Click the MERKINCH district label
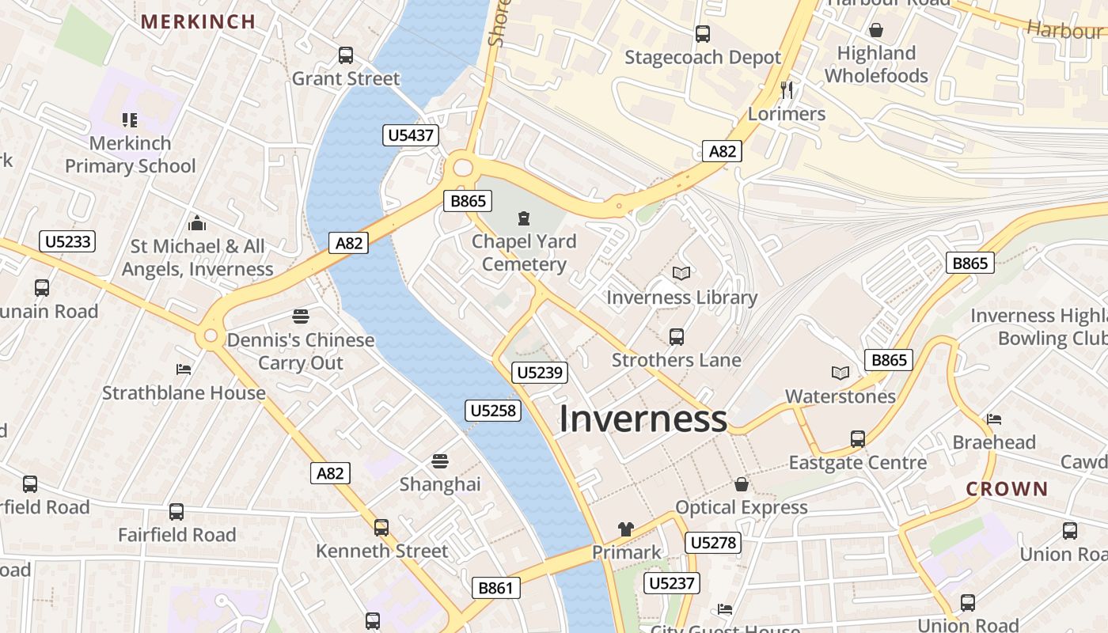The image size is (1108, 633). pos(198,21)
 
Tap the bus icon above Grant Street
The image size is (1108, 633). pos(346,55)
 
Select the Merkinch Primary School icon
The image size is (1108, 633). pos(130,120)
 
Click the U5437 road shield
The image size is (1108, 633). pos(412,135)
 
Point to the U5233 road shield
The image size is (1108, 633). pos(67,241)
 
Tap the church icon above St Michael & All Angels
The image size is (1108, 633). pos(197,224)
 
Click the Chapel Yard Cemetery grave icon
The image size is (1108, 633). pos(523,218)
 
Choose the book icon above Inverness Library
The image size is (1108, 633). pos(681,274)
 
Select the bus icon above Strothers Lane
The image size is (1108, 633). pos(677,337)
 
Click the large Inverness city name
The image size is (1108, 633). pos(643,419)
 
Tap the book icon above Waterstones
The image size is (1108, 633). pos(840,373)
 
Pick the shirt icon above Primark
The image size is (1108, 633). pos(626,529)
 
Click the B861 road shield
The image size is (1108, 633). pos(497,588)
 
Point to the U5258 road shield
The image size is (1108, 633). pos(492,410)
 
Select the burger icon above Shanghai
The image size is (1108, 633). pos(440,461)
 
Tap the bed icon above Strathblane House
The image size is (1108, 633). pos(184,370)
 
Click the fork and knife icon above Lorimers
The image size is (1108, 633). pos(787,89)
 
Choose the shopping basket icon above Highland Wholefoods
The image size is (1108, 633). pos(876,30)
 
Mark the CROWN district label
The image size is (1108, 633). pos(1007,489)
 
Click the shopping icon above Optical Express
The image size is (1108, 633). pos(742,483)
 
